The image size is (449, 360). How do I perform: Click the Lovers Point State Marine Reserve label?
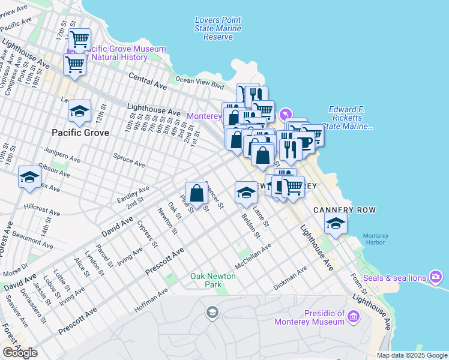218,28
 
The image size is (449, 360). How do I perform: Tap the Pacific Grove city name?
80,132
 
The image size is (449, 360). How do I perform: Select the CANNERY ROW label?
345,209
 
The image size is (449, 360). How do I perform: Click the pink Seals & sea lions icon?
436,277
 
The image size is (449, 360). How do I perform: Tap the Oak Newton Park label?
212,280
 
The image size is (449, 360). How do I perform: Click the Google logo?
20,353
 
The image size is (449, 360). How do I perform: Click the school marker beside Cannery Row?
336,224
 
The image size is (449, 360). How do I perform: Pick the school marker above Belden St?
246,192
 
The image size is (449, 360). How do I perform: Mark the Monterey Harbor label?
376,240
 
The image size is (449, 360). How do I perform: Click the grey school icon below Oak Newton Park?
211,312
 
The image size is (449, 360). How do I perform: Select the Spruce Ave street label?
129,159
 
